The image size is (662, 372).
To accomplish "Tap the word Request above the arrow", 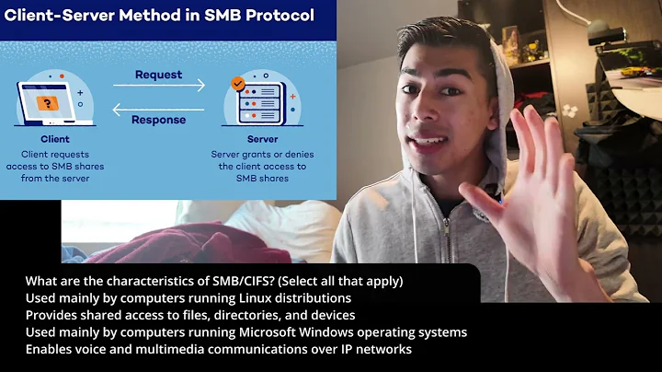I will pyautogui.click(x=159, y=74).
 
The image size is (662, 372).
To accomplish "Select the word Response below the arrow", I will pyautogui.click(x=159, y=119).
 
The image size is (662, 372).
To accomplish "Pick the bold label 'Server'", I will pyautogui.click(x=262, y=140).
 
